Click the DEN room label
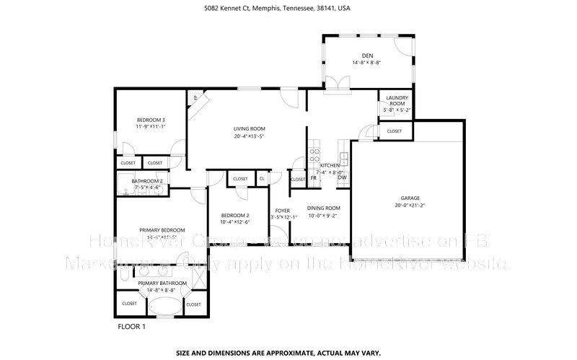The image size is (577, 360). click(367, 56)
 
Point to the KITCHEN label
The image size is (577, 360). click(330, 166)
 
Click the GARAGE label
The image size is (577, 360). click(410, 198)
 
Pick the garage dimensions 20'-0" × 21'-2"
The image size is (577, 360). click(410, 206)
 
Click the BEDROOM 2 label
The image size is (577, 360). click(234, 216)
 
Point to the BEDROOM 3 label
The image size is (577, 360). click(151, 120)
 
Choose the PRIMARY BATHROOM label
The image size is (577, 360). click(162, 283)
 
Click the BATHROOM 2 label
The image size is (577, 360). click(146, 181)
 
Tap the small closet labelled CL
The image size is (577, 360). click(262, 178)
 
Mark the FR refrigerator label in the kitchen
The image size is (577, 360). click(314, 177)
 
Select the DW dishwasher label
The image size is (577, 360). click(342, 177)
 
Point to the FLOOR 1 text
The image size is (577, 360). click(131, 326)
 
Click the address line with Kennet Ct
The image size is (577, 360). click(288, 9)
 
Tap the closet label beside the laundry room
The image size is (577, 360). click(394, 131)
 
